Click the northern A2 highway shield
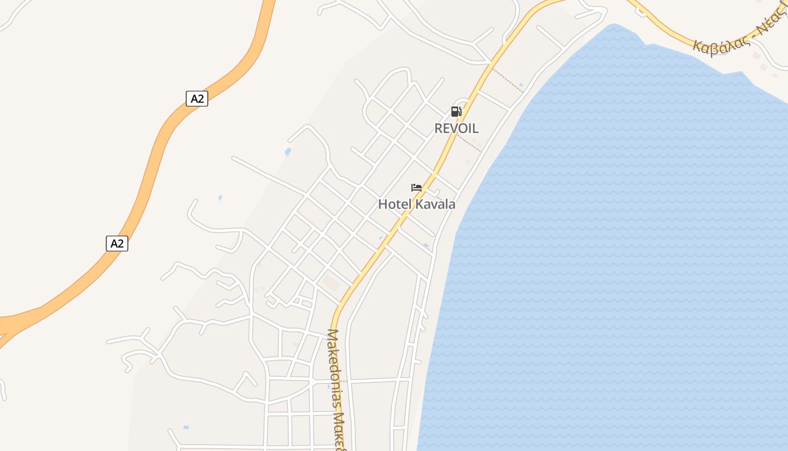[197, 99]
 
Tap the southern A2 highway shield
[117, 244]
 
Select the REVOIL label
[456, 128]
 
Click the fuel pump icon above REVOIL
[456, 112]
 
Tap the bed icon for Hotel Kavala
[417, 188]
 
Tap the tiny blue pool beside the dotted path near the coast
[521, 85]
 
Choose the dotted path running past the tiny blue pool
[507, 80]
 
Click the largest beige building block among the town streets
[330, 282]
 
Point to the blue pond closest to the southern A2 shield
[220, 198]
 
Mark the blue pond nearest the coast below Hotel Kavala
[426, 246]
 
